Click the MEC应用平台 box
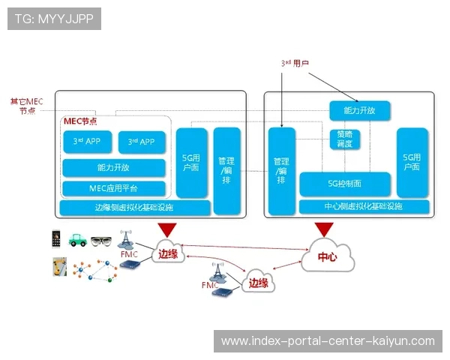[112, 187]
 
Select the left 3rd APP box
[87, 142]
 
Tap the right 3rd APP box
[141, 142]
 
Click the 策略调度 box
[344, 139]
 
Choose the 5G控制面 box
[344, 183]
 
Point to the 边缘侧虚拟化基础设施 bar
[134, 207]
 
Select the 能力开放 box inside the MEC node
[112, 167]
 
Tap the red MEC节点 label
[80, 121]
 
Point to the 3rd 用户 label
[295, 64]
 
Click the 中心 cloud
[328, 257]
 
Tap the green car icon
[78, 241]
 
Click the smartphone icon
[55, 239]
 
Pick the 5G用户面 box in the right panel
[412, 162]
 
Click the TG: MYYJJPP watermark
[53, 19]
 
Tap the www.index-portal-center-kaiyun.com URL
[327, 341]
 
